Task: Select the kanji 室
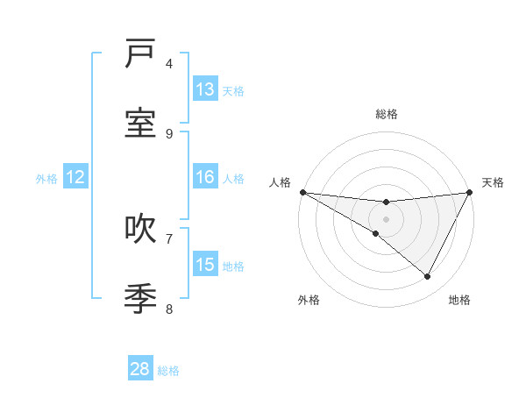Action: [x=140, y=123]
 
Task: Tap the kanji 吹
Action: [x=140, y=229]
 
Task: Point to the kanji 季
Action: [x=140, y=298]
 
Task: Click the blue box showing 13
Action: [x=205, y=89]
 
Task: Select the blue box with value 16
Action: [x=205, y=177]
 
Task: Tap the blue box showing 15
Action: [x=205, y=265]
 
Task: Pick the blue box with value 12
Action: [x=75, y=177]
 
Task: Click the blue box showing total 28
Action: [x=140, y=369]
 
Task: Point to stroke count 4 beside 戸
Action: [x=169, y=63]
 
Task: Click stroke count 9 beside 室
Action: [x=169, y=133]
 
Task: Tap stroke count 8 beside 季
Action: [x=169, y=309]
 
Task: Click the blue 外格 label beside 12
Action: [x=46, y=178]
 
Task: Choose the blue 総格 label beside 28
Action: [x=168, y=370]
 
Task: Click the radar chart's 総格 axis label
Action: [x=386, y=114]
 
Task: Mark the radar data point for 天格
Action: [x=470, y=192]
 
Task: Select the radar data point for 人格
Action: [x=302, y=192]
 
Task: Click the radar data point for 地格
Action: [x=428, y=277]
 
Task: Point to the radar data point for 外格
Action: [x=376, y=233]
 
